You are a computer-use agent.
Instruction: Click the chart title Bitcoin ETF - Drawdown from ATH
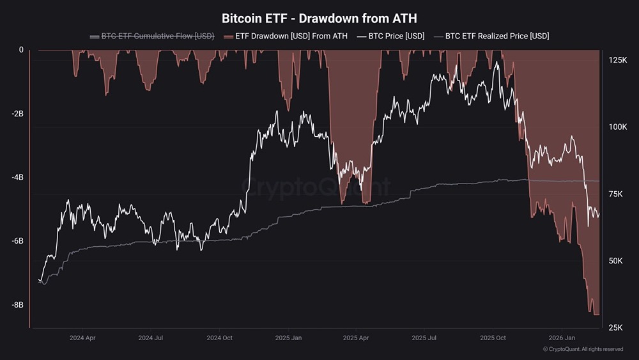319,18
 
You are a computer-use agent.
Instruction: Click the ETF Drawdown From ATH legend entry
286,36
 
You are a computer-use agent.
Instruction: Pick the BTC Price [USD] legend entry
391,36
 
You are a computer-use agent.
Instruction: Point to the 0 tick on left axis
20,50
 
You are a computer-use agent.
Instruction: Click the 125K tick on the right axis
617,60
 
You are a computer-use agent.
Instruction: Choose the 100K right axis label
617,127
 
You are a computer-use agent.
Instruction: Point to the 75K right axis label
616,194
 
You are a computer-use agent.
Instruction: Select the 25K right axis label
616,327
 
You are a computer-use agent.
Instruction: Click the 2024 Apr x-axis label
82,337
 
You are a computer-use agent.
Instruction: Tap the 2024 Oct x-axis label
219,337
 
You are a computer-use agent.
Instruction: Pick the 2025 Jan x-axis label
288,337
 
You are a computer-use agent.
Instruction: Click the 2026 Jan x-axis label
562,337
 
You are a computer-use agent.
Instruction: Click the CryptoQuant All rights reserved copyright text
583,349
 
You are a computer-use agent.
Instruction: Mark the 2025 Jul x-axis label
424,337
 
